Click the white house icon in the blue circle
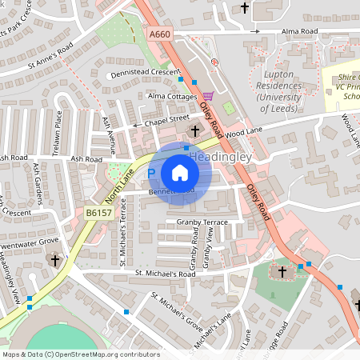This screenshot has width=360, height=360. click(x=180, y=173)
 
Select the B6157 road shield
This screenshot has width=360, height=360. click(x=99, y=214)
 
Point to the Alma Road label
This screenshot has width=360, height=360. click(x=300, y=32)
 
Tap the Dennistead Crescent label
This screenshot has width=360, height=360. click(x=145, y=74)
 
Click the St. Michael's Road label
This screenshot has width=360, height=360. click(x=165, y=274)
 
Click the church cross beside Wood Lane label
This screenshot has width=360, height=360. click(x=195, y=130)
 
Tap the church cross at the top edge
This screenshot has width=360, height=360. click(x=245, y=9)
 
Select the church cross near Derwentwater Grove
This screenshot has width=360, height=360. click(x=55, y=260)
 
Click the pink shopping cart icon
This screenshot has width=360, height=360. click(x=208, y=96)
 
